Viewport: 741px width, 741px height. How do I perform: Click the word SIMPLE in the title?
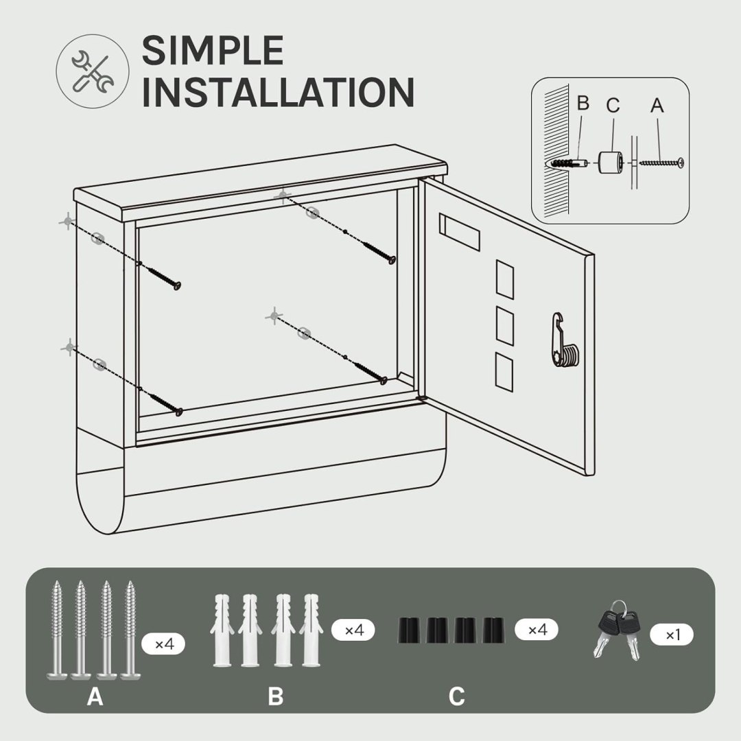213,50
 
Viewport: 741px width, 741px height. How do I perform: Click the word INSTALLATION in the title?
278,92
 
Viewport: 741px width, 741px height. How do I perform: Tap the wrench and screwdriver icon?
93,71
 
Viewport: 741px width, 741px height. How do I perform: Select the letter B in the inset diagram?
583,103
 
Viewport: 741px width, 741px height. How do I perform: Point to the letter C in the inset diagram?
613,105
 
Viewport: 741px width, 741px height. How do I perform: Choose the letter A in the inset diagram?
657,105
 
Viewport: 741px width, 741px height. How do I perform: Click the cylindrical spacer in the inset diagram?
611,163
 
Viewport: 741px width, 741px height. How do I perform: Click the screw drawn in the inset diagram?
661,163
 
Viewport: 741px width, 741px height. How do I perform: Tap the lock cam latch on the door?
564,340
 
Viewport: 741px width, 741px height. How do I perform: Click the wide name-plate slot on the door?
459,232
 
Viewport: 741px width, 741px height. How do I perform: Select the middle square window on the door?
505,326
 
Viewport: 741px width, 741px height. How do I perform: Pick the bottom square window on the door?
504,372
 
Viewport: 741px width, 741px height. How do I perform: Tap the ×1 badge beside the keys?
672,635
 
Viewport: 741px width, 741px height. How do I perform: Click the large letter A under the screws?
95,696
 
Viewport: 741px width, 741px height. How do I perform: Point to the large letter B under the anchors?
276,696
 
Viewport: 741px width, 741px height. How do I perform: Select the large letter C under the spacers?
456,696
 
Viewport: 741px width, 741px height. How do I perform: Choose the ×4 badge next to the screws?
163,644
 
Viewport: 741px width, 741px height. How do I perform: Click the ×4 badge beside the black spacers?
537,629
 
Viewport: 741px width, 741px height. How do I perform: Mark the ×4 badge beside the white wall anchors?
353,630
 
